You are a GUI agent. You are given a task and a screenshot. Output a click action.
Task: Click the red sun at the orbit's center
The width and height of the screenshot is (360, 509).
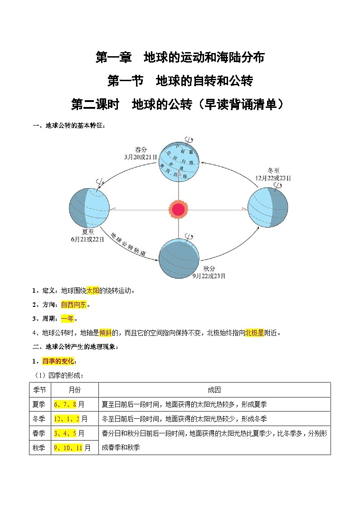pos(178,209)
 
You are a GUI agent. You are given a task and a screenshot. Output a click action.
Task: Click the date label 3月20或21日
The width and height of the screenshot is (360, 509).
pos(141,157)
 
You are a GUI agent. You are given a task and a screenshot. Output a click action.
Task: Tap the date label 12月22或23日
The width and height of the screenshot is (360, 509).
pos(273,178)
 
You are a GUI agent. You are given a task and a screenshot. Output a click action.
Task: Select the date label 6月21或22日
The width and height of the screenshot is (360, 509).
pos(88,238)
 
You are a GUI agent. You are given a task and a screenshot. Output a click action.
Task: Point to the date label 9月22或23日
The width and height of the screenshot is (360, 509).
pos(209,276)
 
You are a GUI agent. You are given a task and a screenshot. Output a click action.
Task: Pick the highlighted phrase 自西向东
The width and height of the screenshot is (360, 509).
pos(73,305)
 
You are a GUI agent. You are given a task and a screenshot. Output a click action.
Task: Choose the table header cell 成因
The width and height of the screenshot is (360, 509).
pos(214,390)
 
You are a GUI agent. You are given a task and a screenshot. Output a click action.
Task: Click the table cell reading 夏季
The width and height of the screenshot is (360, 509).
pos(39,404)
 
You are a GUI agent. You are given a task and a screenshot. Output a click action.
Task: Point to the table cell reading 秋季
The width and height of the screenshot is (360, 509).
pos(39,447)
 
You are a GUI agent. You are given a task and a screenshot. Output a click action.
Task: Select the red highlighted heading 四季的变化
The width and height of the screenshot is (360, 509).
pos(58,361)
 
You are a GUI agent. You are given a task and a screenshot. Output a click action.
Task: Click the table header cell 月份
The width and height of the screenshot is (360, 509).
pos(74,390)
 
